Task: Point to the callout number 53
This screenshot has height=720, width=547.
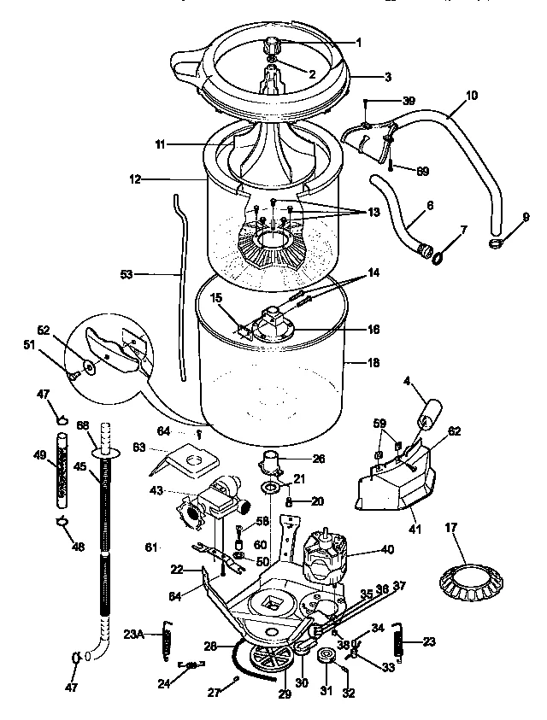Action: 126,275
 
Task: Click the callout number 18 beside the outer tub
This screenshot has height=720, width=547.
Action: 373,363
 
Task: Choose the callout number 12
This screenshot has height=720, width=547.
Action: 134,179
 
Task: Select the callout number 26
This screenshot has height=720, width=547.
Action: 319,459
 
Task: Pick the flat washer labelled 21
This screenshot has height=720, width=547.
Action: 270,489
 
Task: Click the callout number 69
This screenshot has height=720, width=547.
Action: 422,172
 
